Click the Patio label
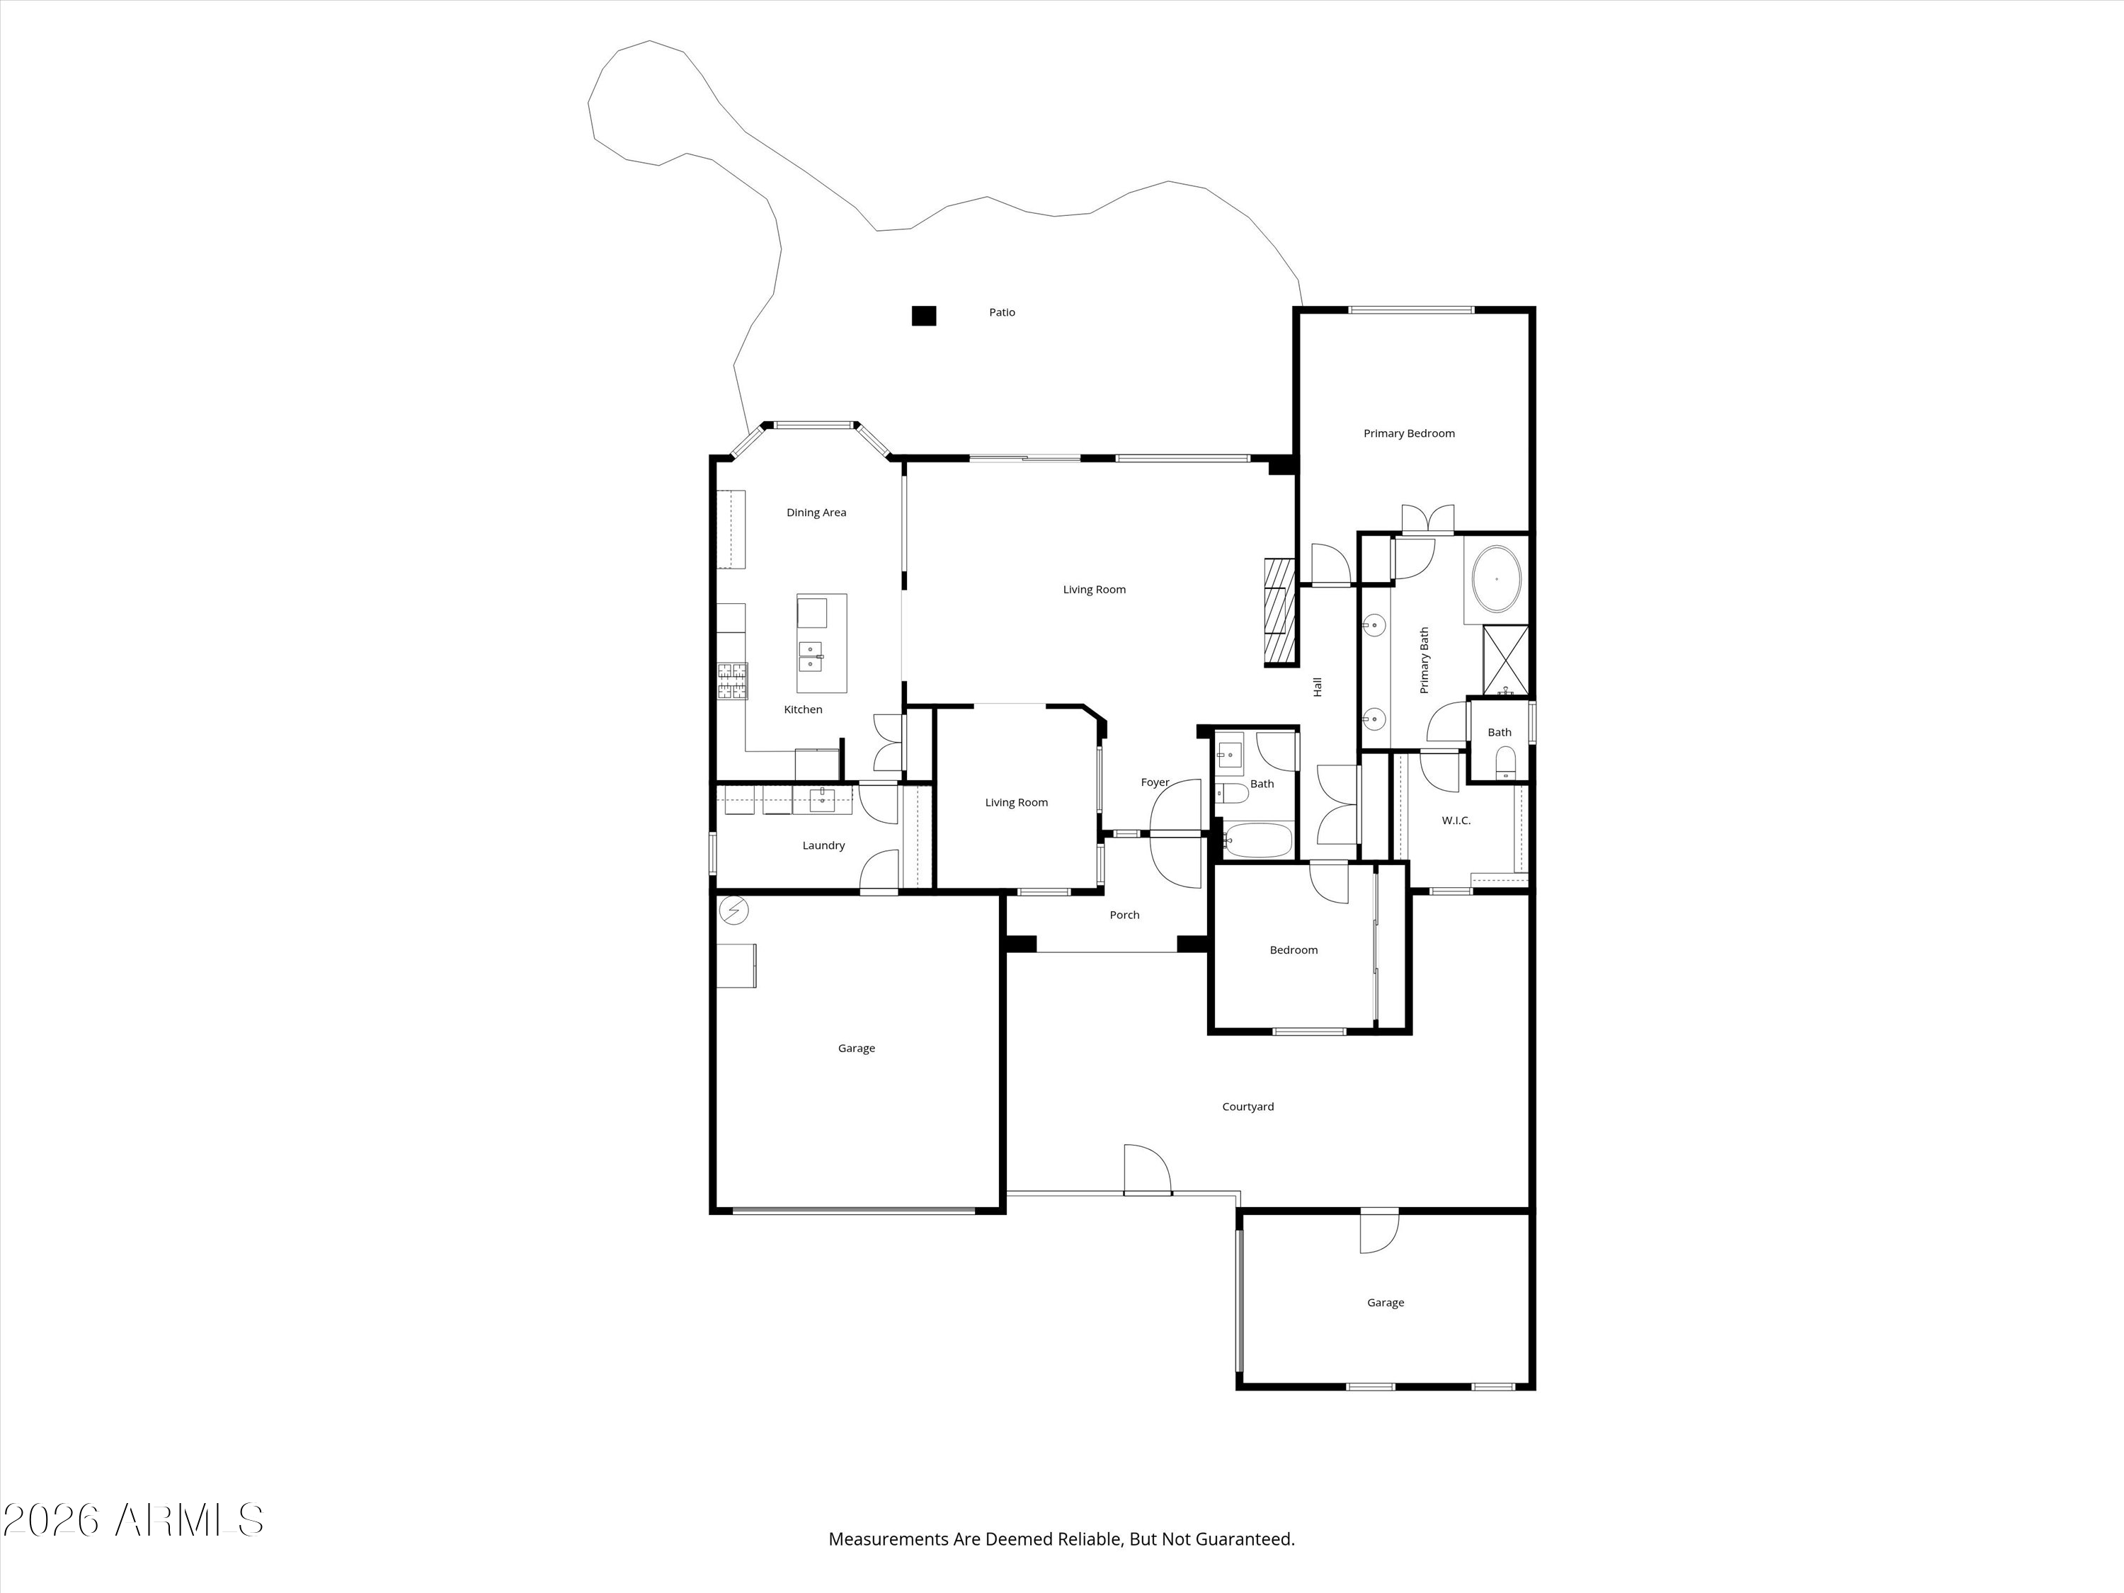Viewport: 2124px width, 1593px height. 1002,312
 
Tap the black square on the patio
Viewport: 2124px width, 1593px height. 924,315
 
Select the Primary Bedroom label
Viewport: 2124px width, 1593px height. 1409,434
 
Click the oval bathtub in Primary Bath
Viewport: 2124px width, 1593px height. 1496,579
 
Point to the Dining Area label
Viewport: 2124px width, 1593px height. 816,513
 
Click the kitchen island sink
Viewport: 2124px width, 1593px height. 811,657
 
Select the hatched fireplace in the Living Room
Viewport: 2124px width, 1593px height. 1280,611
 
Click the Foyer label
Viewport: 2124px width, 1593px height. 1155,782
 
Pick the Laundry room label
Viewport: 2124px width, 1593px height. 824,846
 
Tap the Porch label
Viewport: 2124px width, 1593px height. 1124,915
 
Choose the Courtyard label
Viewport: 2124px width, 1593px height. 1248,1107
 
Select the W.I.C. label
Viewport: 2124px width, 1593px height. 1456,821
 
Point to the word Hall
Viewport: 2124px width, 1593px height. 1318,687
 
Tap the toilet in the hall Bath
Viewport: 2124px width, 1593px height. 1232,793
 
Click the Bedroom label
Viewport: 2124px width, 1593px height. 1294,951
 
